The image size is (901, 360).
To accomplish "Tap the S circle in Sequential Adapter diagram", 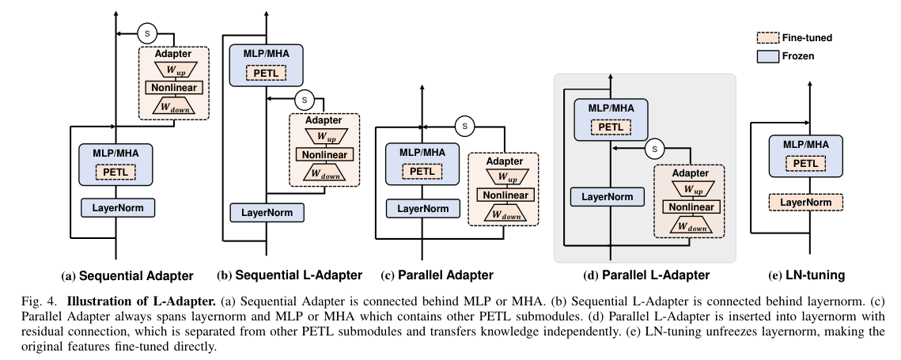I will click(148, 33).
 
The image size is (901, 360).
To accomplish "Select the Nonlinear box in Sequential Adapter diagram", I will click(172, 88).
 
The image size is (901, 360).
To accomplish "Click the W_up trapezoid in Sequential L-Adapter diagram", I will click(324, 137).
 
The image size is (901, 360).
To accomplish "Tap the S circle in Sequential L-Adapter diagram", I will click(301, 100).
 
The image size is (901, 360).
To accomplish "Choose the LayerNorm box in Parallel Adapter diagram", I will click(423, 207).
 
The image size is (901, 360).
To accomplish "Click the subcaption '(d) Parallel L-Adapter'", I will click(645, 275).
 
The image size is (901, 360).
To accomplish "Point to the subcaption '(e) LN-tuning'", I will click(806, 275).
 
